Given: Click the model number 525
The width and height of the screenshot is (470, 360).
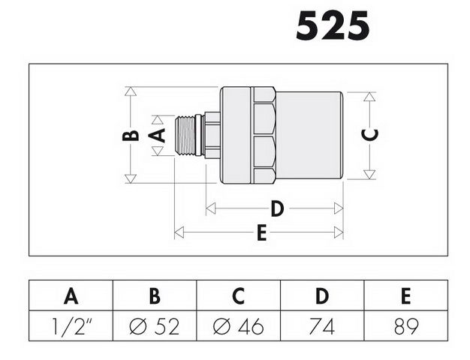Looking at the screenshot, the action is (x=333, y=25).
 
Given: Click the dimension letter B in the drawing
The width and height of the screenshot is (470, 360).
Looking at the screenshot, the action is (x=131, y=136).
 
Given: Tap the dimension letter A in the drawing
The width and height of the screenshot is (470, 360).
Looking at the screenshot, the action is (x=157, y=135).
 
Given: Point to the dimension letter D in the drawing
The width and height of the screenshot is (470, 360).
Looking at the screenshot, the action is (x=277, y=208).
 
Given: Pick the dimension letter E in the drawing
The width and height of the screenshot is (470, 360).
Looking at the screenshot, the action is (x=262, y=232).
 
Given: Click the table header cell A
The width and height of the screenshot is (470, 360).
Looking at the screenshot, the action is (x=71, y=296).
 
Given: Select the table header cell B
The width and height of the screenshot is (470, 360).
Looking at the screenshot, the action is (x=155, y=296).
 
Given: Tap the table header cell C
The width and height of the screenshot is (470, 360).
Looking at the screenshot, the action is (x=238, y=296).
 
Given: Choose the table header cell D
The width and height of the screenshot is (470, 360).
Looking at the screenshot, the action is (x=322, y=296).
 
